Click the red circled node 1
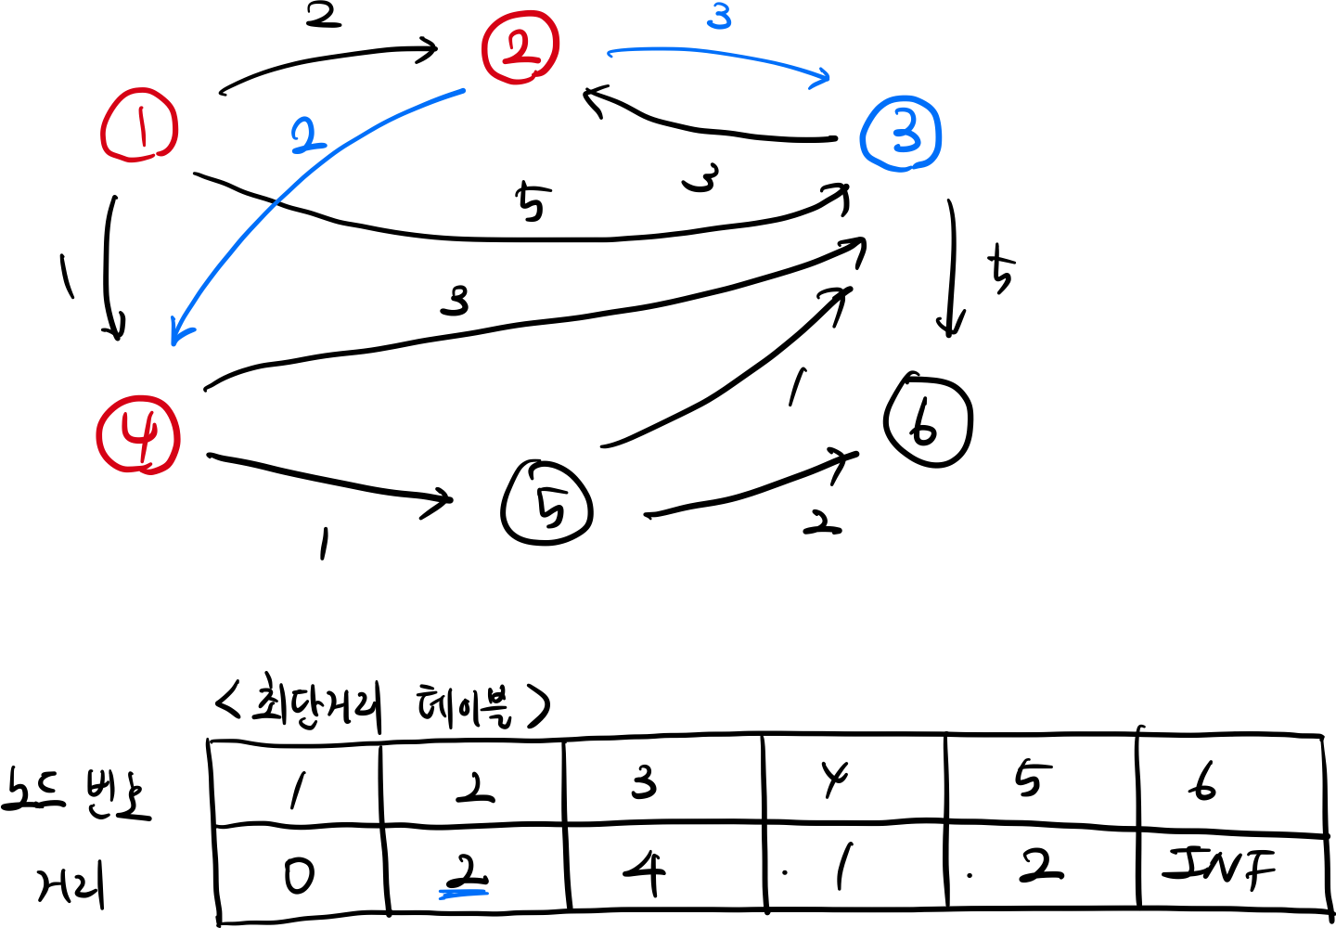pos(139,125)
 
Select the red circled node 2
pos(520,47)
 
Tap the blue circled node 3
pos(901,134)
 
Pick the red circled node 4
pos(138,434)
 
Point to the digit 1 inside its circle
pos(141,126)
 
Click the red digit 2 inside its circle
pos(520,48)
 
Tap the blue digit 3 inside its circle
pos(905,135)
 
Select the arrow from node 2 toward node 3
pos(714,54)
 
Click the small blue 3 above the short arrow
pos(719,17)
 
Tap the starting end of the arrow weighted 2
pos(462,91)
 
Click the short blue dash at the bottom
pos(463,895)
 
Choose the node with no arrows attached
pos(139,125)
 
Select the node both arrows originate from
pos(520,47)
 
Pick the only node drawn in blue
pos(901,134)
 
